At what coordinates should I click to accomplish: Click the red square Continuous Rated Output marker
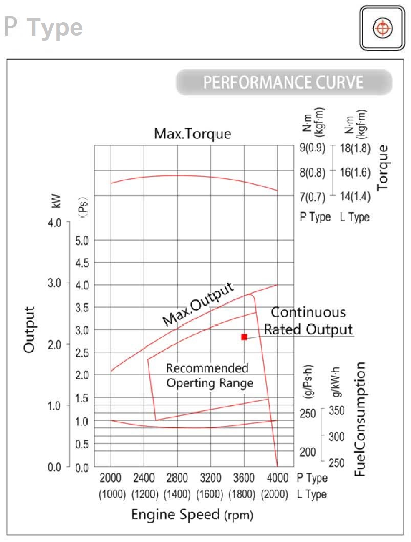[244, 337]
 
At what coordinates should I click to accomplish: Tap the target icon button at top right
[380, 28]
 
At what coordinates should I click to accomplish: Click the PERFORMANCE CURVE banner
[284, 82]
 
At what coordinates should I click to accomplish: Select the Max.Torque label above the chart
[192, 134]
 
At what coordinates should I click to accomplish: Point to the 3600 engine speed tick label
[244, 478]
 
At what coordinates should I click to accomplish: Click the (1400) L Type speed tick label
[177, 494]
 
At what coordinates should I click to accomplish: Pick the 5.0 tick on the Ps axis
[82, 240]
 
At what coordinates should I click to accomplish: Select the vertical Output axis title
[30, 329]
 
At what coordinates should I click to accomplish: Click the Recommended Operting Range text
[209, 376]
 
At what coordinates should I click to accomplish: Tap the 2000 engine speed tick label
[111, 478]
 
